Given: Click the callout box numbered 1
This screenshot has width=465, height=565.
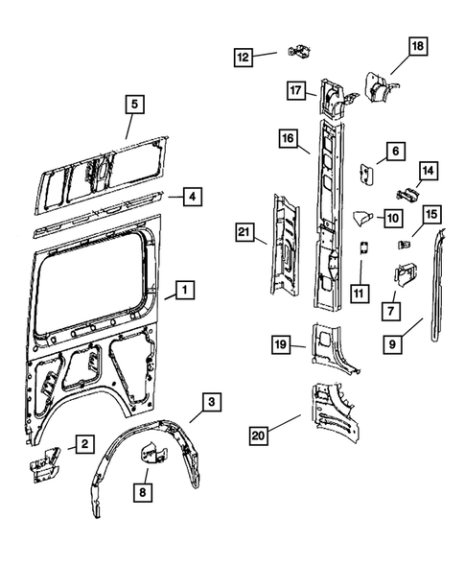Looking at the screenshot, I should pos(182,289).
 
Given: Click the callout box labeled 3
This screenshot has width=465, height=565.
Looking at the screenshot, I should pos(213,402).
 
